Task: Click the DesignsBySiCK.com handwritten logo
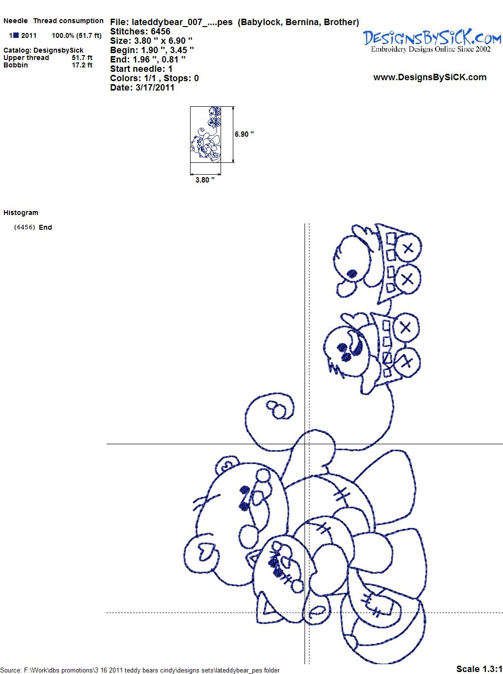point(432,37)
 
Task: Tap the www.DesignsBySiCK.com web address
point(430,77)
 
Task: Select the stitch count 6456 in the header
point(160,31)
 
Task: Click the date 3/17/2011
point(155,88)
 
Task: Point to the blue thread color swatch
point(16,35)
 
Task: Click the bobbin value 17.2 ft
point(82,65)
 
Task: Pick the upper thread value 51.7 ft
point(82,58)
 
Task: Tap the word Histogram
point(21,213)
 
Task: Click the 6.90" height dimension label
point(244,134)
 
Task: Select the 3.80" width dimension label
point(205,180)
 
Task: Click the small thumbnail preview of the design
point(205,134)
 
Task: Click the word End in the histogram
point(45,227)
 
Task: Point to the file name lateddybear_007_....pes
point(182,22)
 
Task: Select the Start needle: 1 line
point(141,69)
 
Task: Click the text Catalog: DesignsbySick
point(43,50)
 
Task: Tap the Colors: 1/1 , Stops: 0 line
point(155,78)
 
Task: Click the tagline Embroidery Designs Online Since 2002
point(431,49)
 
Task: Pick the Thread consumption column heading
point(68,21)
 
